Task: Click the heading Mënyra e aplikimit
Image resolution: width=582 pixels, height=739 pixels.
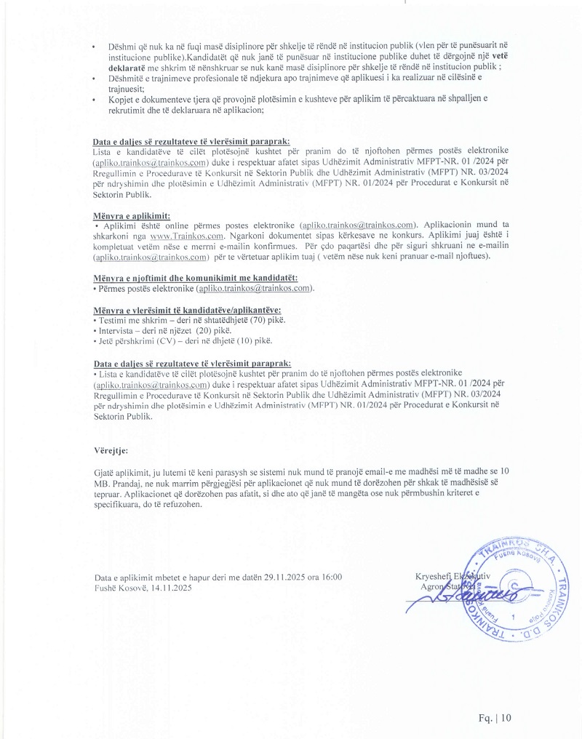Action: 132,217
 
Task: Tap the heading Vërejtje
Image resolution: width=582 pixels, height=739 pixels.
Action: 111,451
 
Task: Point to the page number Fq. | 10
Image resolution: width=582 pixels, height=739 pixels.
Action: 495,718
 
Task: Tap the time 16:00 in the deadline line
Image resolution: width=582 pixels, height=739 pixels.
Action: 330,578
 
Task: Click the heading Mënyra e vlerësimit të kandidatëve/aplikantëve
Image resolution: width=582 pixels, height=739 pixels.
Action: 188,310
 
